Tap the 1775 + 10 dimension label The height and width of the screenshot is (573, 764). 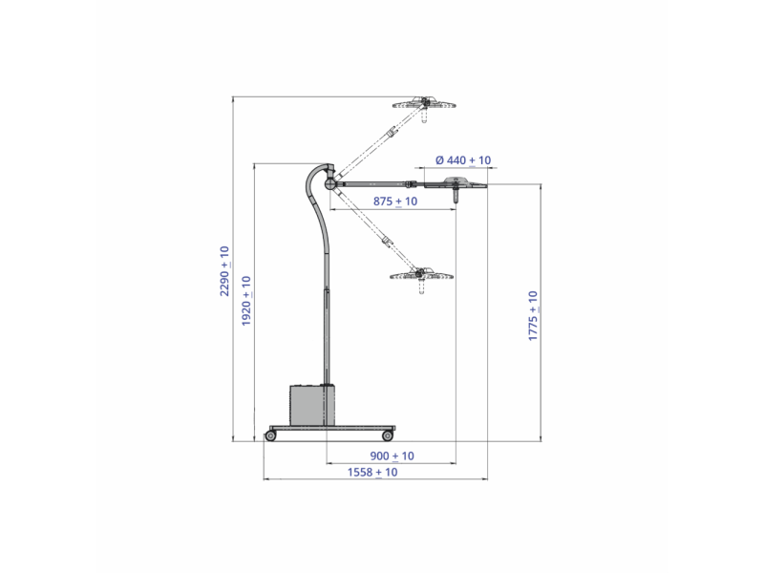pyautogui.click(x=533, y=316)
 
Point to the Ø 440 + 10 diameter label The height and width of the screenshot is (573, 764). pyautogui.click(x=463, y=160)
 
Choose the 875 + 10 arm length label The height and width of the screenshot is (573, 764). pyautogui.click(x=394, y=202)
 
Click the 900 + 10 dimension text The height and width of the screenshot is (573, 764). pyautogui.click(x=391, y=456)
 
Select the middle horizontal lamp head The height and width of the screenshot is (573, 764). pyautogui.click(x=458, y=182)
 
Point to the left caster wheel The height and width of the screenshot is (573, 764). pyautogui.click(x=270, y=436)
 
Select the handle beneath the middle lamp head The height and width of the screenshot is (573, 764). pyautogui.click(x=459, y=197)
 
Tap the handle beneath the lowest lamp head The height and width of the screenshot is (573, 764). pyautogui.click(x=421, y=289)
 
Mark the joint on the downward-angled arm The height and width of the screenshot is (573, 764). pyautogui.click(x=387, y=241)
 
